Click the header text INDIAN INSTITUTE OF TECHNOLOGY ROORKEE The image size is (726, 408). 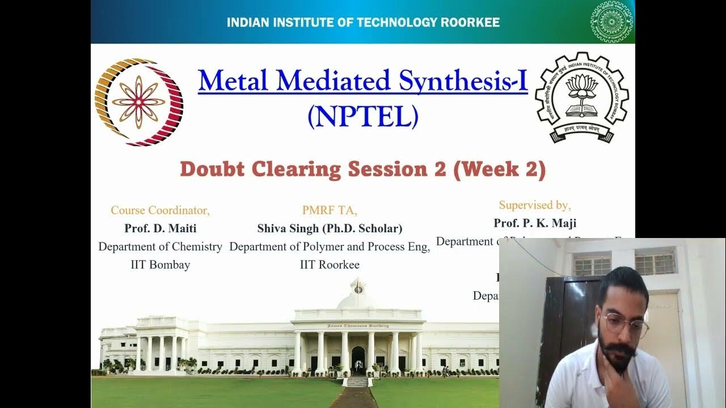point(363,23)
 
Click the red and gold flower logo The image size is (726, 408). point(138,102)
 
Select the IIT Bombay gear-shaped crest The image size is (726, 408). point(581,97)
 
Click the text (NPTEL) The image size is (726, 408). point(363,116)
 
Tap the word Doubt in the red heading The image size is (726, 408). point(213,169)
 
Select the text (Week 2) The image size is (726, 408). point(500,169)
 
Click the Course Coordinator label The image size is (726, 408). point(160,210)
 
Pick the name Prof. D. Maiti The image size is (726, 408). point(161,228)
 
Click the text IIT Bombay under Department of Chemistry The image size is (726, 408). point(161,265)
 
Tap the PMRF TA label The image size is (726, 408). point(330,210)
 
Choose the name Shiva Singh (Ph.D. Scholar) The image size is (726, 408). point(330,228)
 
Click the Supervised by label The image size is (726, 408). point(535,205)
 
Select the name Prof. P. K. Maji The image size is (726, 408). point(535,223)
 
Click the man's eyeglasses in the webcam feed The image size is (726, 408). point(624,325)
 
